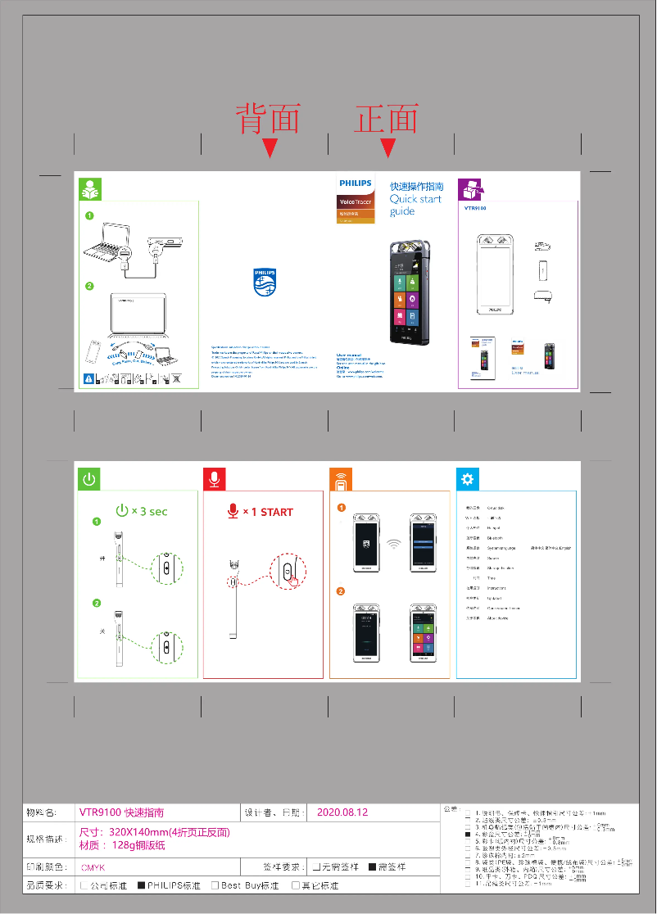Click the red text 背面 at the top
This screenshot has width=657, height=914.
click(x=269, y=119)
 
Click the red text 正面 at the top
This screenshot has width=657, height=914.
click(x=387, y=119)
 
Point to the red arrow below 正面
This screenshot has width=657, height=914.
click(x=388, y=148)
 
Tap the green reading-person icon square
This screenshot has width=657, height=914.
click(x=89, y=190)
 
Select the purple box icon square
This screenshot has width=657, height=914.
click(x=469, y=190)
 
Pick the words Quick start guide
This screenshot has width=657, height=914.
click(x=415, y=205)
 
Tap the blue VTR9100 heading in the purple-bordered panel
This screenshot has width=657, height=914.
click(x=475, y=209)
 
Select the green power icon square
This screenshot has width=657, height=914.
click(x=89, y=479)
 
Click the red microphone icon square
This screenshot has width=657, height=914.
click(x=215, y=479)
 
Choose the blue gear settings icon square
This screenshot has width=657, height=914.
click(x=467, y=479)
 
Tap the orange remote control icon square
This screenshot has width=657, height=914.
click(x=341, y=479)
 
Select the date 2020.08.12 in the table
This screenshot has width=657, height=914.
click(x=342, y=812)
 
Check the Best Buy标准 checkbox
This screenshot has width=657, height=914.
click(x=215, y=885)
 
